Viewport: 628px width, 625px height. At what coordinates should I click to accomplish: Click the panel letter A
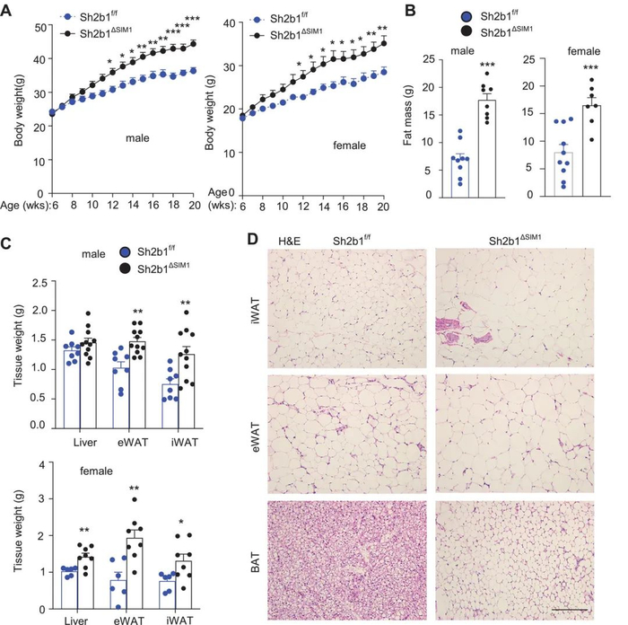[6, 10]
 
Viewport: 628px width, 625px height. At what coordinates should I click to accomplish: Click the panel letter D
[252, 240]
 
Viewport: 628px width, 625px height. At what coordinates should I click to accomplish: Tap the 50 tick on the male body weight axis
[41, 28]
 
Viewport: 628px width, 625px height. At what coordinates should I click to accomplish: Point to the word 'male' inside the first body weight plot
[137, 138]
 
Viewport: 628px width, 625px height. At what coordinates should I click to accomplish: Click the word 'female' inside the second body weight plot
[349, 145]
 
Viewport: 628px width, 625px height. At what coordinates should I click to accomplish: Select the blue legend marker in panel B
[467, 17]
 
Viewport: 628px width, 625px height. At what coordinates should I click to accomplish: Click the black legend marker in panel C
[126, 268]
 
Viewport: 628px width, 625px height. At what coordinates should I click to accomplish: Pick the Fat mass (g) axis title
[407, 115]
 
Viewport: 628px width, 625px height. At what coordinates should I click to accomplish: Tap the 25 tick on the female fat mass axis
[528, 59]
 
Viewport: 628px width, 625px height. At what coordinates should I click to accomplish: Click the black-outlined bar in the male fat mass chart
[486, 149]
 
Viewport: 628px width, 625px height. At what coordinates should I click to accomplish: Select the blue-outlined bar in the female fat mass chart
[563, 174]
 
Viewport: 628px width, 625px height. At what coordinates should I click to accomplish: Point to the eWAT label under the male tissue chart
[133, 442]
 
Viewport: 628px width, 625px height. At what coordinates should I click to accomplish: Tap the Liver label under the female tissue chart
[76, 621]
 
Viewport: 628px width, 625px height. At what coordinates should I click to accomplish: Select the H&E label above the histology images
[289, 241]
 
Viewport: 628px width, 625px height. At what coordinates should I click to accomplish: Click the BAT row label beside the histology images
[255, 561]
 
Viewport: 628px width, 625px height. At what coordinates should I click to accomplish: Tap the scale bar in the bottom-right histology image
[570, 610]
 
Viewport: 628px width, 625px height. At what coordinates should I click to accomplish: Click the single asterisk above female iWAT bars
[181, 523]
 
